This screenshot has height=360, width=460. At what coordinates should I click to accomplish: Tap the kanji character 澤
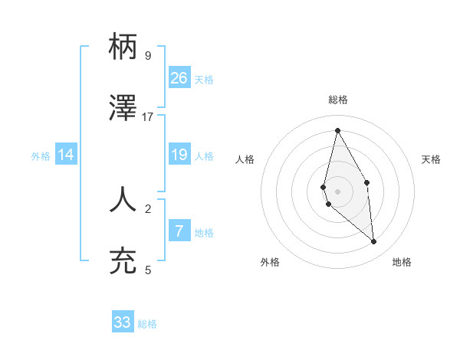click(123, 108)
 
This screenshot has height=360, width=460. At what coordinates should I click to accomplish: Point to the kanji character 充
click(123, 261)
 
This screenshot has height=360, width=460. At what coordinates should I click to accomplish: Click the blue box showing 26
click(179, 77)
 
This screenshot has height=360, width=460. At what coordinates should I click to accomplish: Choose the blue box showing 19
click(179, 155)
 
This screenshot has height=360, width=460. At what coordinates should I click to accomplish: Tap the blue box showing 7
click(179, 231)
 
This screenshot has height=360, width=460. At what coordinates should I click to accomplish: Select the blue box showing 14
click(66, 155)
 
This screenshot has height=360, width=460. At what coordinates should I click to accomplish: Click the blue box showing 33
click(123, 322)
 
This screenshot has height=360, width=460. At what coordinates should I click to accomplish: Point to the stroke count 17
click(148, 117)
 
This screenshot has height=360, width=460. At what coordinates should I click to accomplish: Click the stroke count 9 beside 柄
click(148, 55)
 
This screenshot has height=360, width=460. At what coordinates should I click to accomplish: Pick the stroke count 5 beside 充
click(148, 270)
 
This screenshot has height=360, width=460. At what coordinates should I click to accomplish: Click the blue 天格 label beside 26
click(204, 79)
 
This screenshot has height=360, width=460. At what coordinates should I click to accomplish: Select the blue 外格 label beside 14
click(41, 156)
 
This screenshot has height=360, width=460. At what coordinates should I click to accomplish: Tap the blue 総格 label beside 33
click(147, 324)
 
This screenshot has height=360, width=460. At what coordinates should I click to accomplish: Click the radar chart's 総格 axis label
click(337, 100)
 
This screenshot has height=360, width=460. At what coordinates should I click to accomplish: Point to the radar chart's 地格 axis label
click(402, 262)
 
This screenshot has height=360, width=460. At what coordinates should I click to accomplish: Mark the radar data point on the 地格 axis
click(374, 242)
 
